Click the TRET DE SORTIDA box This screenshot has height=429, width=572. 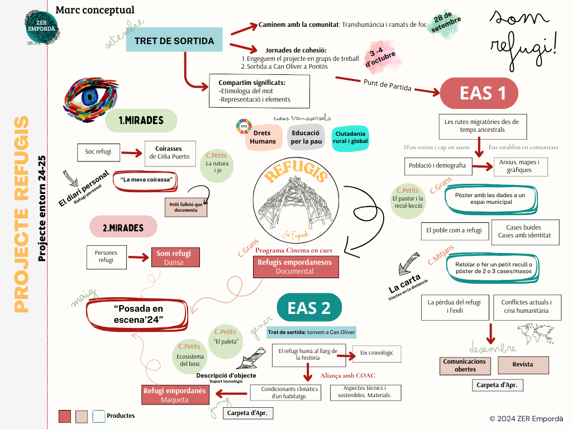pyautogui.click(x=174, y=41)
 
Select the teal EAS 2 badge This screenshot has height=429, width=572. pyautogui.click(x=309, y=308)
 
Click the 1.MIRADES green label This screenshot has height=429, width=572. pyautogui.click(x=141, y=120)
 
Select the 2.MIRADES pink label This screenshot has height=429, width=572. pyautogui.click(x=123, y=227)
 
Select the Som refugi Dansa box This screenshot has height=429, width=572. pyautogui.click(x=174, y=258)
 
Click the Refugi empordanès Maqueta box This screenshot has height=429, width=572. pyautogui.click(x=175, y=394)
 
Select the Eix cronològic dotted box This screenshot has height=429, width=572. pyautogui.click(x=377, y=353)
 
